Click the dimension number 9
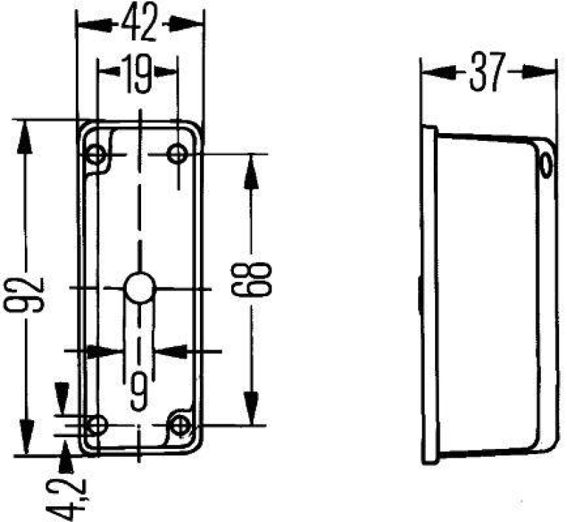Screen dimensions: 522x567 [x=140, y=389]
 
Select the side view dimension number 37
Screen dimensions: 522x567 [x=485, y=72]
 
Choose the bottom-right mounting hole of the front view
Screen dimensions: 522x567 [x=182, y=425]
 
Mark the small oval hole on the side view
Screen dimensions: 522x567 [x=545, y=165]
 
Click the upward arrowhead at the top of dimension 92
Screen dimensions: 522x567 [x=26, y=136]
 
